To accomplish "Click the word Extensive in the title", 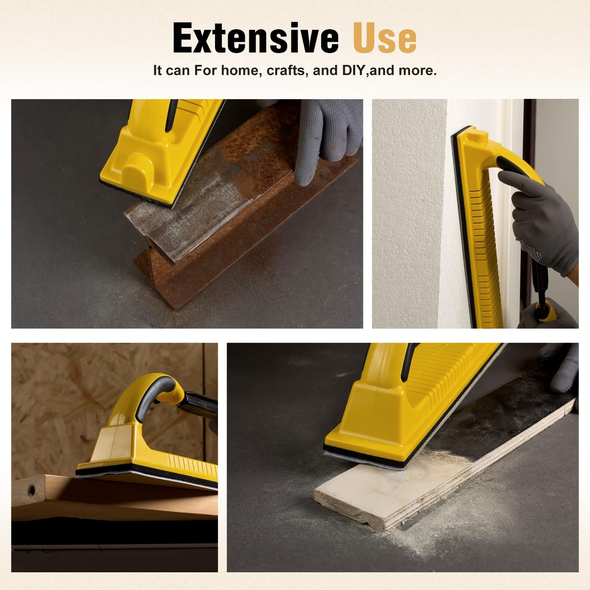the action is click(x=256, y=38).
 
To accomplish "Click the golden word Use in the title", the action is click(x=385, y=38).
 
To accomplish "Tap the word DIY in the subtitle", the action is click(x=354, y=70).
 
